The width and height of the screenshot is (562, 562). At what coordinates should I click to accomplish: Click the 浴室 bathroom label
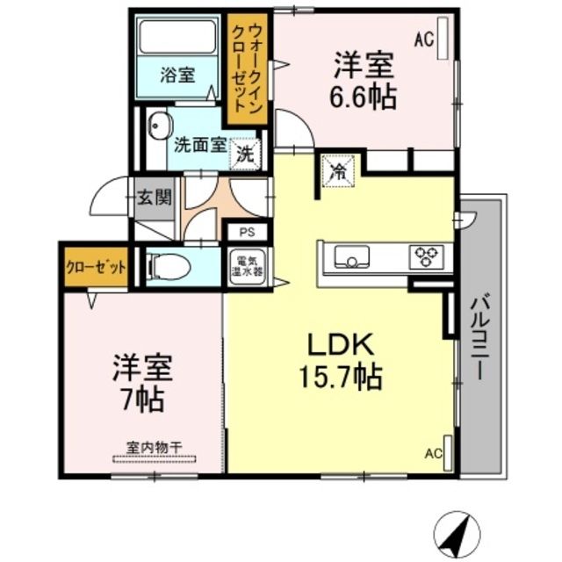177,76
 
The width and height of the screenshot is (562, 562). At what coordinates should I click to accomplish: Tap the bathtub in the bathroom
179,38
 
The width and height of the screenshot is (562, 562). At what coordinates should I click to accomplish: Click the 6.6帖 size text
364,95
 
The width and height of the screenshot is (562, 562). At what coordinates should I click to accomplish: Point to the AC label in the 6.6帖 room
424,38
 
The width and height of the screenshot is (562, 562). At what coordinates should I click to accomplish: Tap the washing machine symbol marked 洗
246,155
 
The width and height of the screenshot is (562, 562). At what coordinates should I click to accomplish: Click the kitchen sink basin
350,256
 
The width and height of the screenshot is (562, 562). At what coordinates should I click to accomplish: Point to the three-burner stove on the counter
428,256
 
